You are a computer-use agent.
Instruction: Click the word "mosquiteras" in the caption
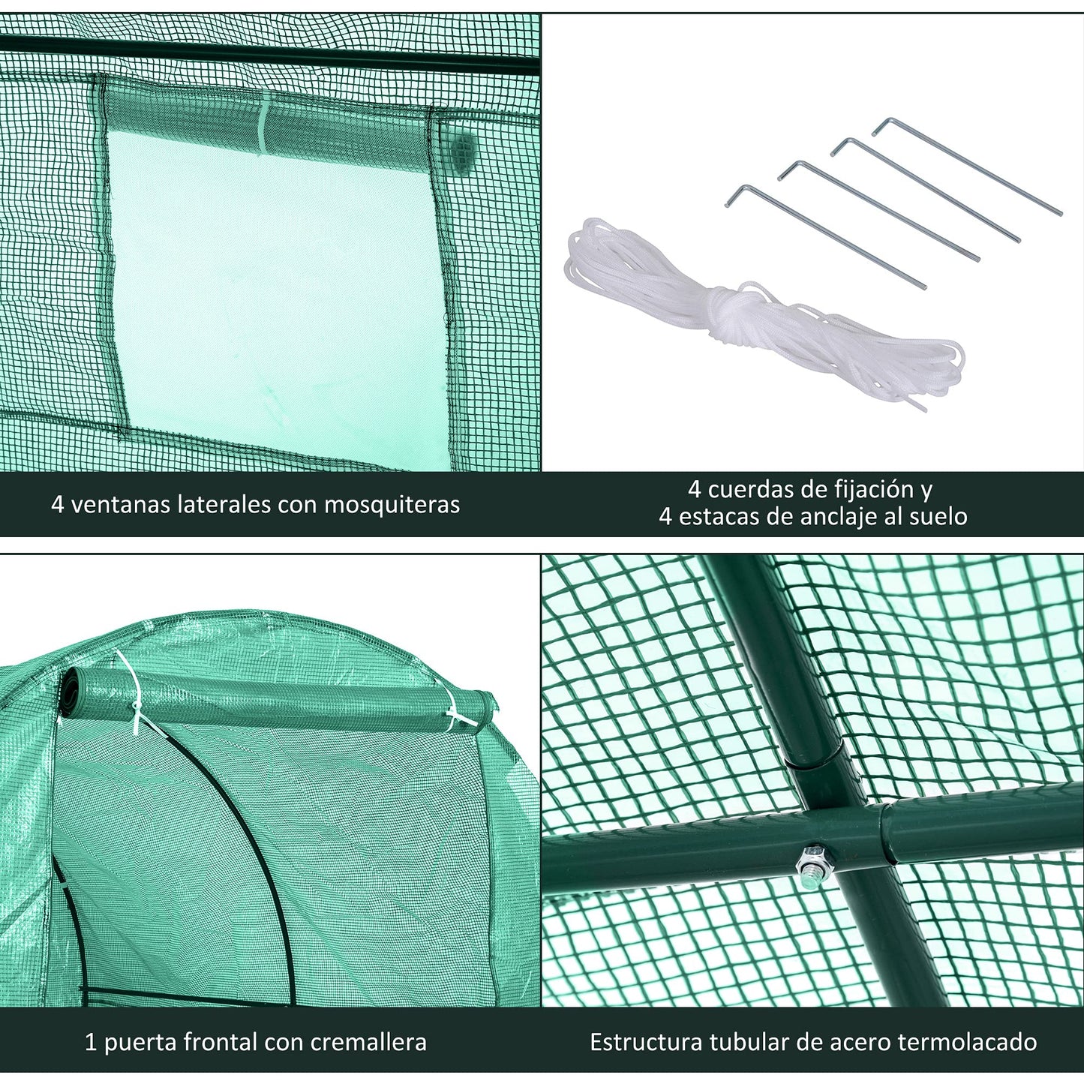tap(392, 505)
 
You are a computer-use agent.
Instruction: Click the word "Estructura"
tap(647, 1026)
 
